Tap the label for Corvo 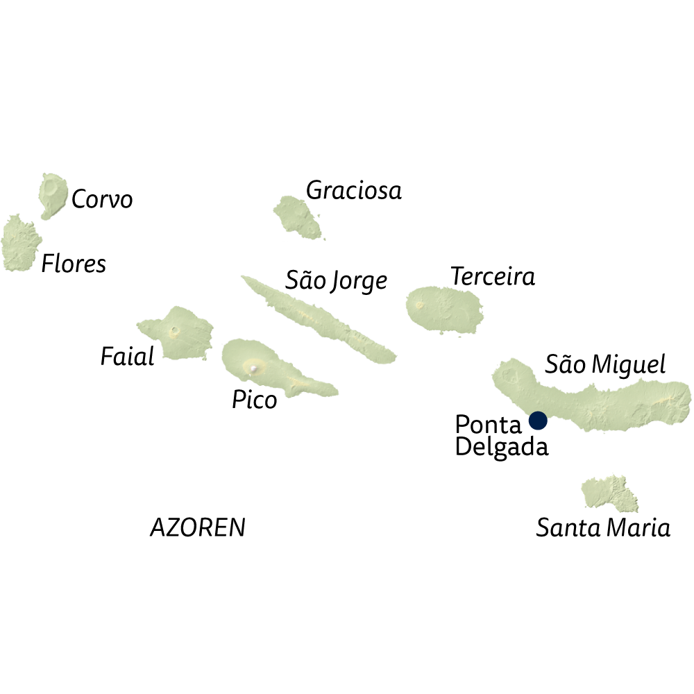tap(102, 200)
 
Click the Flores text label tap(74, 264)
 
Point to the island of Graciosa tap(296, 217)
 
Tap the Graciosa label tap(354, 190)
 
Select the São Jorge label tap(337, 280)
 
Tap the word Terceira tap(493, 277)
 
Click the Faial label tap(127, 357)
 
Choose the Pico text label tap(254, 400)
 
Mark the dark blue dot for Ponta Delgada tap(538, 421)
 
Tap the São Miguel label tap(605, 364)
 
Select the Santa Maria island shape tap(609, 493)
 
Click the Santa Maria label tap(603, 528)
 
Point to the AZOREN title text tap(198, 528)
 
